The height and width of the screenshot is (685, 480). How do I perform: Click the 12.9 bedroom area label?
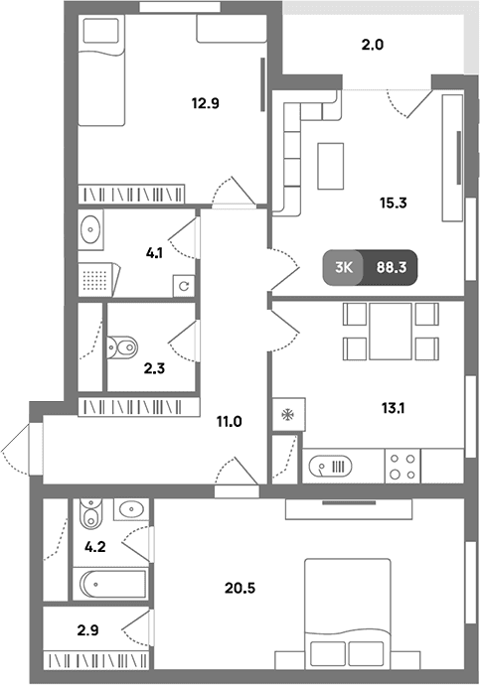pyautogui.click(x=205, y=103)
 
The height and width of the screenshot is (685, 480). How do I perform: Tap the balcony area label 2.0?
pyautogui.click(x=373, y=45)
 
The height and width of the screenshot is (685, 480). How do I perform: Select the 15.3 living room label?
pyautogui.click(x=393, y=203)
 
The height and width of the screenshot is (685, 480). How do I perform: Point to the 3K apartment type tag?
pyautogui.click(x=344, y=267)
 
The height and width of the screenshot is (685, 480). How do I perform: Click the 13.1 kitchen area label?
pyautogui.click(x=393, y=408)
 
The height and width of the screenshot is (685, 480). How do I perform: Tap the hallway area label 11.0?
pyautogui.click(x=230, y=422)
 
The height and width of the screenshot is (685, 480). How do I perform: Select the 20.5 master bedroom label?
pyautogui.click(x=240, y=588)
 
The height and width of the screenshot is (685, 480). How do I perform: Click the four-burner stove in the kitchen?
pyautogui.click(x=402, y=467)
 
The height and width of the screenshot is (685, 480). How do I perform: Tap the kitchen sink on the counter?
pyautogui.click(x=330, y=467)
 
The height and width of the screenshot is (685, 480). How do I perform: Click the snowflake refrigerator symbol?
pyautogui.click(x=288, y=414)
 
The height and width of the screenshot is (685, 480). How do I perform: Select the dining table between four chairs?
pyautogui.click(x=391, y=332)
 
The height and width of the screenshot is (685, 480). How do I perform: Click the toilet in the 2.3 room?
pyautogui.click(x=122, y=347)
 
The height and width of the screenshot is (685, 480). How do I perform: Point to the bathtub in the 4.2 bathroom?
pyautogui.click(x=112, y=584)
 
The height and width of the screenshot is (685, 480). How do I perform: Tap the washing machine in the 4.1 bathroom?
pyautogui.click(x=184, y=286)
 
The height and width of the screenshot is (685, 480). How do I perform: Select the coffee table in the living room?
pyautogui.click(x=331, y=166)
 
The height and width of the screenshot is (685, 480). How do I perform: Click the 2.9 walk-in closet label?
pyautogui.click(x=87, y=630)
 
